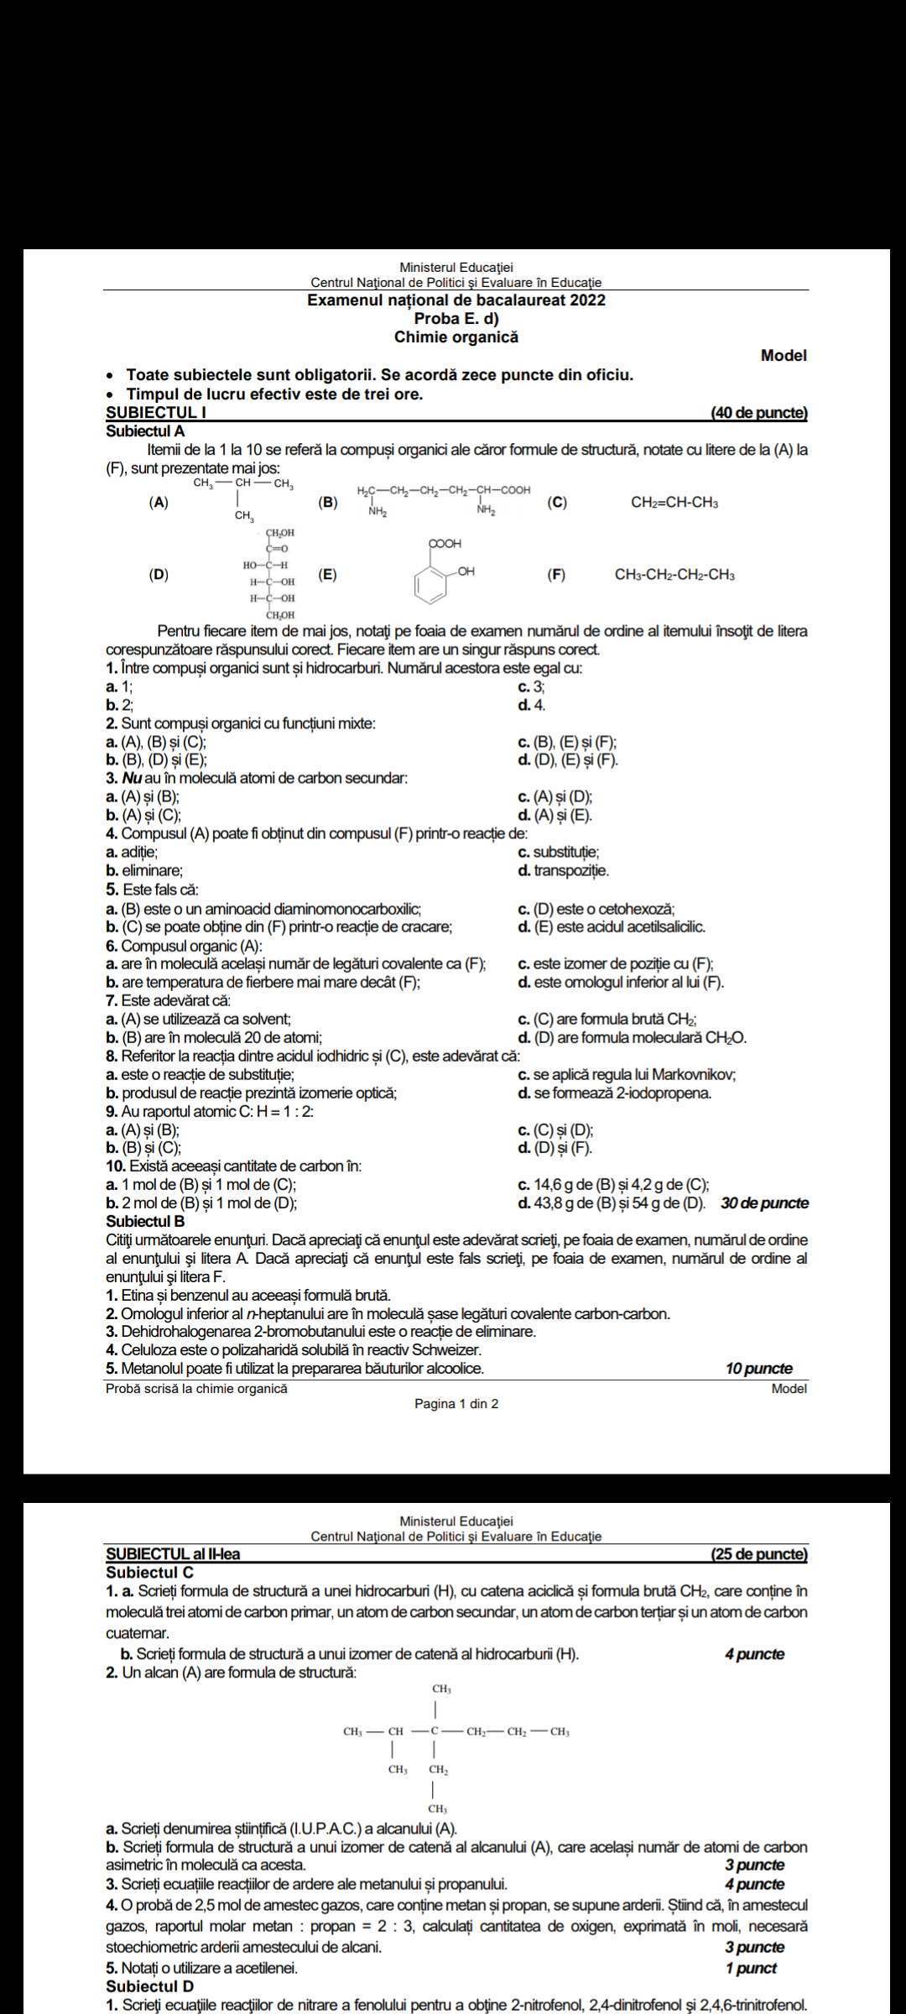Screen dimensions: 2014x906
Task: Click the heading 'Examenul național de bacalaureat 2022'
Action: tap(456, 300)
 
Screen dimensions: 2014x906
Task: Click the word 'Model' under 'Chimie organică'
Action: tap(783, 356)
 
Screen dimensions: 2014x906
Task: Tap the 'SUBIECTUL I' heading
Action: tap(156, 413)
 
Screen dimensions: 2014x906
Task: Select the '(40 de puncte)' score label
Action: tap(758, 413)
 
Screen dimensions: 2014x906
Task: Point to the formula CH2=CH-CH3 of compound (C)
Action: tap(674, 503)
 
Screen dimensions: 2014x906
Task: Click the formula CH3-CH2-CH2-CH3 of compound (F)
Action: tap(674, 575)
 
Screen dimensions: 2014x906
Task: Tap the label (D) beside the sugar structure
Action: tap(158, 575)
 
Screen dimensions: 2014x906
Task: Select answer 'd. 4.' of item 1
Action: tap(532, 706)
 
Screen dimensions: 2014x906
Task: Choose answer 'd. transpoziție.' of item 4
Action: tap(564, 871)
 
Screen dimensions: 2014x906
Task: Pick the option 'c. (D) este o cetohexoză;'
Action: tap(596, 909)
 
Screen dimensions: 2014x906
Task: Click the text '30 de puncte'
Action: tap(764, 1203)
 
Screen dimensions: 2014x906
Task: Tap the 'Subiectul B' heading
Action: tap(145, 1221)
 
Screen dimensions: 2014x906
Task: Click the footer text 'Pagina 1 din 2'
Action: tap(456, 1404)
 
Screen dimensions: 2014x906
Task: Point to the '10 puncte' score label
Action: tap(758, 1369)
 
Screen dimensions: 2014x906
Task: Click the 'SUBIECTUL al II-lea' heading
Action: tap(173, 1554)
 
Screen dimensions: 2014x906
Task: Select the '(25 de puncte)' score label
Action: tap(758, 1554)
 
